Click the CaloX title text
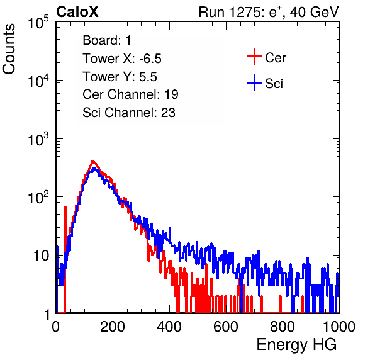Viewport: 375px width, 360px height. (x=77, y=12)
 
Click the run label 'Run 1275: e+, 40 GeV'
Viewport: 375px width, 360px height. (x=269, y=12)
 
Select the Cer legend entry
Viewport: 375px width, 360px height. (x=266, y=57)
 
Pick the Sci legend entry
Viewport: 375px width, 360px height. (x=265, y=83)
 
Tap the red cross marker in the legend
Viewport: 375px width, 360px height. (x=254, y=57)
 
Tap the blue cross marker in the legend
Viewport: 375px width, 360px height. (x=254, y=83)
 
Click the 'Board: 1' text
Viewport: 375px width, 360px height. (x=107, y=40)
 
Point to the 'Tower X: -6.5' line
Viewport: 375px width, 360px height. (x=122, y=59)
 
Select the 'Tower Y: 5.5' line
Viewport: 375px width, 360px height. (x=120, y=77)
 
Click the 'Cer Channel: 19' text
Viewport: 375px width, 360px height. (x=130, y=94)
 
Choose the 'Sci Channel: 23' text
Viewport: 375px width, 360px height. (x=129, y=113)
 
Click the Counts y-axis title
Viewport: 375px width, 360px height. (x=9, y=49)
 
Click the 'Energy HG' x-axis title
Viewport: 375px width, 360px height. (x=296, y=345)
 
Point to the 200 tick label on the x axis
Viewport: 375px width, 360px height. (x=113, y=326)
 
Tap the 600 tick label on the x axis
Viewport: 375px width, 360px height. (x=226, y=326)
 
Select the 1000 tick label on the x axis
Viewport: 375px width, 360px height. (x=339, y=326)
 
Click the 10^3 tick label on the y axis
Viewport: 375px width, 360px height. (x=38, y=139)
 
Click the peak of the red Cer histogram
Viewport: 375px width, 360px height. (x=93, y=162)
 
